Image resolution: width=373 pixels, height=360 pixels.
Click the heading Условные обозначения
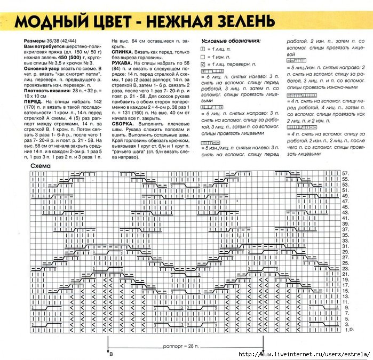pyautogui.click(x=230, y=41)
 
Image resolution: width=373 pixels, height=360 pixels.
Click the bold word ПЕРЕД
pyautogui.click(x=34, y=101)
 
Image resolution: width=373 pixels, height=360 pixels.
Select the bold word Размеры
pyautogui.click(x=35, y=41)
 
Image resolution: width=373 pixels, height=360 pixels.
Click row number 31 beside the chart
pyautogui.click(x=345, y=246)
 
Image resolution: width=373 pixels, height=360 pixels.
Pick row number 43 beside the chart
pyautogui.click(x=345, y=213)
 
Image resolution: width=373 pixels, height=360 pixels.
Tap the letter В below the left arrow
pyautogui.click(x=110, y=355)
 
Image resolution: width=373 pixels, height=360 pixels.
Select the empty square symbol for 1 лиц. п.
pyautogui.click(x=202, y=49)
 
